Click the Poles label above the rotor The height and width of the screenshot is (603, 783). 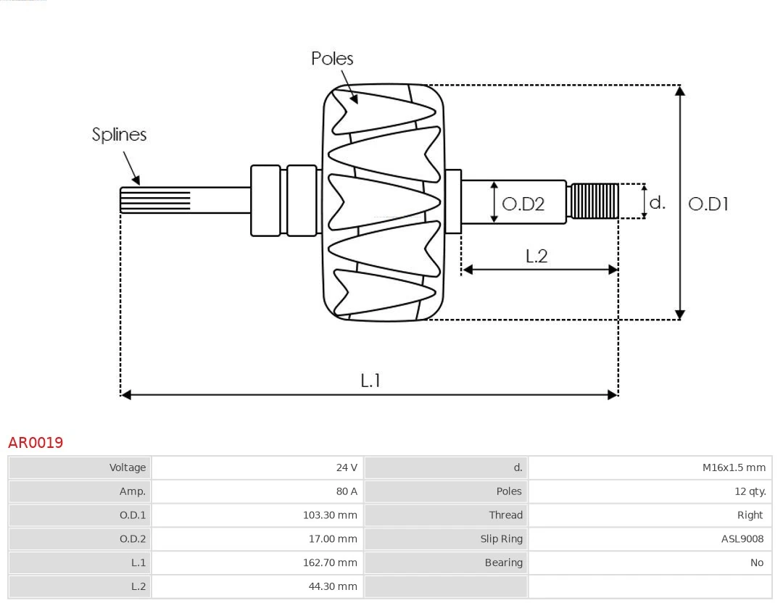(x=332, y=59)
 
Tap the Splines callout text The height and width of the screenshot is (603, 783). (x=119, y=135)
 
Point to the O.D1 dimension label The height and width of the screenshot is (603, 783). (x=708, y=204)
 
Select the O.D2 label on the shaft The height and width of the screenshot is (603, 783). (x=523, y=204)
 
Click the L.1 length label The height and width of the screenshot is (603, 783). (x=370, y=380)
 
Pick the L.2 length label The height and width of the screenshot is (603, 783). (x=536, y=256)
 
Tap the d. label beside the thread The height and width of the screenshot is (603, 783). (x=657, y=202)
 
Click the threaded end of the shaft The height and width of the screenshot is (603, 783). (x=594, y=201)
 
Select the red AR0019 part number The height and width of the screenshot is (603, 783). (x=36, y=442)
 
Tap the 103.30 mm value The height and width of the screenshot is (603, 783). (x=330, y=515)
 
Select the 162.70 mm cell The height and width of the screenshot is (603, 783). (x=330, y=562)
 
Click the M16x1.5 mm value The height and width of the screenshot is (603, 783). (x=733, y=467)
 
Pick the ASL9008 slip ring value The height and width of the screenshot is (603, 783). (x=742, y=538)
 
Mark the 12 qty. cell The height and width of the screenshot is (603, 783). (x=750, y=491)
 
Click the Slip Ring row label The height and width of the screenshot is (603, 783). (x=501, y=538)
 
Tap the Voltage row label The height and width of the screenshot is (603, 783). (x=128, y=467)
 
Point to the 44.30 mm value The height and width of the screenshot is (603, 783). (x=333, y=586)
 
